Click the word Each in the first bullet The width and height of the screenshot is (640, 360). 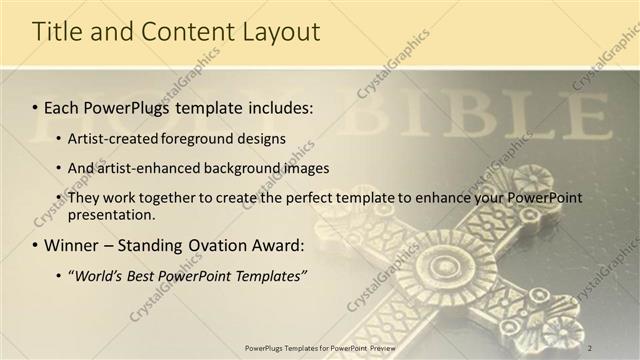point(62,105)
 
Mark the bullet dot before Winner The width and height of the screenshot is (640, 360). point(34,245)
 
